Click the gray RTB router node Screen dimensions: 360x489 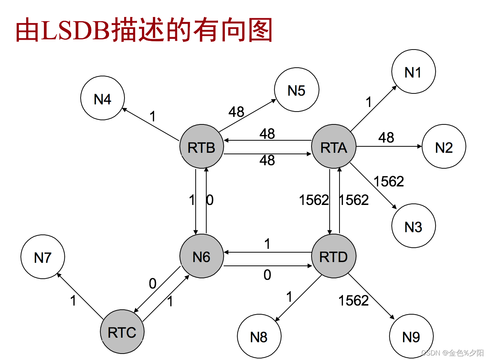[202, 146]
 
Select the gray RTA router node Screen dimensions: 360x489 [333, 146]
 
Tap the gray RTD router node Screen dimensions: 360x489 [333, 256]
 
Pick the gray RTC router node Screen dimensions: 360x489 [122, 332]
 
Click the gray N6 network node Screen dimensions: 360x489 [201, 256]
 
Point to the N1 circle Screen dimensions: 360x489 [413, 71]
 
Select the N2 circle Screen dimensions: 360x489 [444, 147]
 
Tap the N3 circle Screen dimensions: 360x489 [413, 226]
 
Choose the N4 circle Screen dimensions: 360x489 [102, 98]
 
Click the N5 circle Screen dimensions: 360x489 [296, 90]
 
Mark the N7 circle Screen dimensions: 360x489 [42, 257]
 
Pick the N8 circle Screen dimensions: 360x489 [259, 336]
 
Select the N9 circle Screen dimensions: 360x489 [411, 336]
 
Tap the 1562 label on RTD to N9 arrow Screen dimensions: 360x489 [354, 300]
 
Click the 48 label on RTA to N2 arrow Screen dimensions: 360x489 [386, 137]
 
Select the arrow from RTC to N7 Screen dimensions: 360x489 [80, 295]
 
